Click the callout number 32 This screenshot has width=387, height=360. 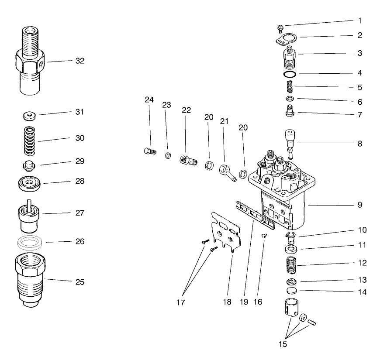click(79, 61)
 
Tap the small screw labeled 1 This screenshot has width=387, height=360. click(280, 28)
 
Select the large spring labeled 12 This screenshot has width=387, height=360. click(290, 265)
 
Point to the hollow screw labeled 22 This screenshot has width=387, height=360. click(187, 161)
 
